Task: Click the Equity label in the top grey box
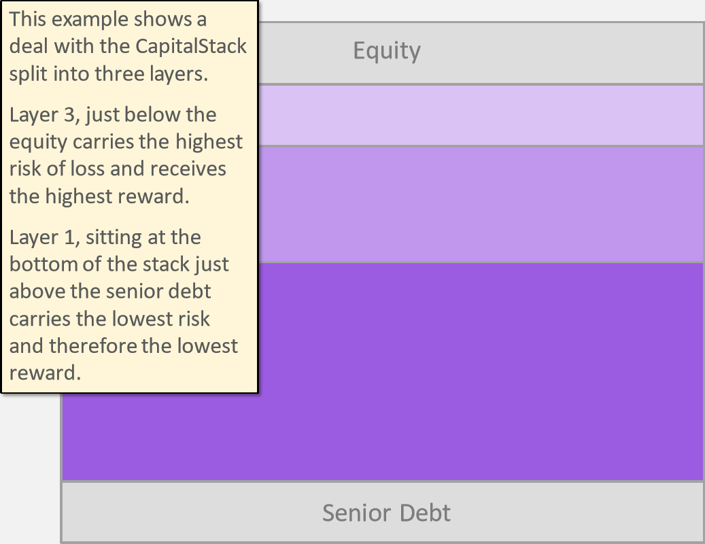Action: pos(387,50)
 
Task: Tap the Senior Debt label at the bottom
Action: pos(386,513)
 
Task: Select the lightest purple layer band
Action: pos(481,115)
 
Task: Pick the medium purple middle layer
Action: pos(481,204)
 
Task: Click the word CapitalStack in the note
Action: pos(191,46)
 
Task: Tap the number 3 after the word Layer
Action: pos(69,115)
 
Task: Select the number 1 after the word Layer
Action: pos(69,237)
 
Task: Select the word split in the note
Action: pos(29,74)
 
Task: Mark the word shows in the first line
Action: pos(156,20)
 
